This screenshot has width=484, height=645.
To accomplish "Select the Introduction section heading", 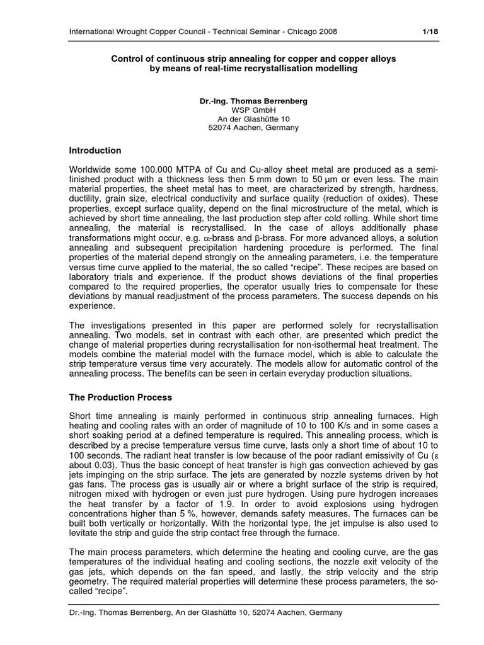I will point(95,151).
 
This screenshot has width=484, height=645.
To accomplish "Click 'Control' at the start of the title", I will point(127,59).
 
